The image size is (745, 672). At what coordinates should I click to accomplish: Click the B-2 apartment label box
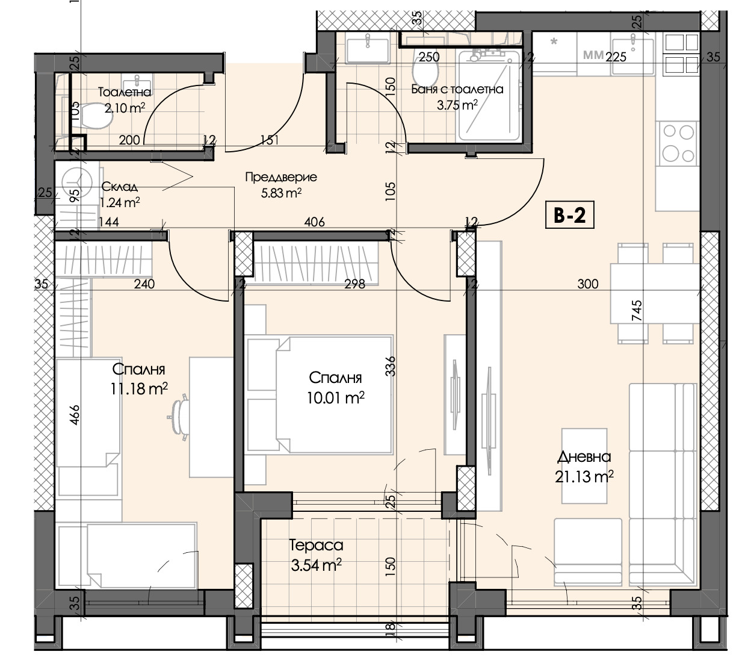[569, 214]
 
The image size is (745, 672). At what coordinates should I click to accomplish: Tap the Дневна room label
[584, 457]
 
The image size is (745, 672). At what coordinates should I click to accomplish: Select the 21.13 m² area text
[584, 476]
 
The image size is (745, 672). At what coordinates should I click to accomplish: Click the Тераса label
[316, 546]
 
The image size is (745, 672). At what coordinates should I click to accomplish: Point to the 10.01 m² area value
[335, 397]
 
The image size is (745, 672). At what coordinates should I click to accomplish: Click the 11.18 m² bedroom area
[139, 389]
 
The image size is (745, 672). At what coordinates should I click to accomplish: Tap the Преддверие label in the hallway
[281, 177]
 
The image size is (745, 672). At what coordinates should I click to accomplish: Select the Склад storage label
[120, 186]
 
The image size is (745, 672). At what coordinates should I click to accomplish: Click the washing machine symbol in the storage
[77, 183]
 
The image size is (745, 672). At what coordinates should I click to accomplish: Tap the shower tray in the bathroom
[489, 96]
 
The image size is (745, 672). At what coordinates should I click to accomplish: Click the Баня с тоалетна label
[457, 89]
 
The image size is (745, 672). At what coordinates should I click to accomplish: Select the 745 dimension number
[636, 310]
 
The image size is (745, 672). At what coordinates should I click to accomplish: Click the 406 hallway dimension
[314, 222]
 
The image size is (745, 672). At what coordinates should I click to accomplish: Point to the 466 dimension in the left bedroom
[74, 415]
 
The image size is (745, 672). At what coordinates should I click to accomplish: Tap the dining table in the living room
[655, 293]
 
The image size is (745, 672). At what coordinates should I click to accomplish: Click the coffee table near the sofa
[584, 465]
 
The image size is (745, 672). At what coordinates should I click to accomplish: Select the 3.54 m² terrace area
[316, 565]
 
